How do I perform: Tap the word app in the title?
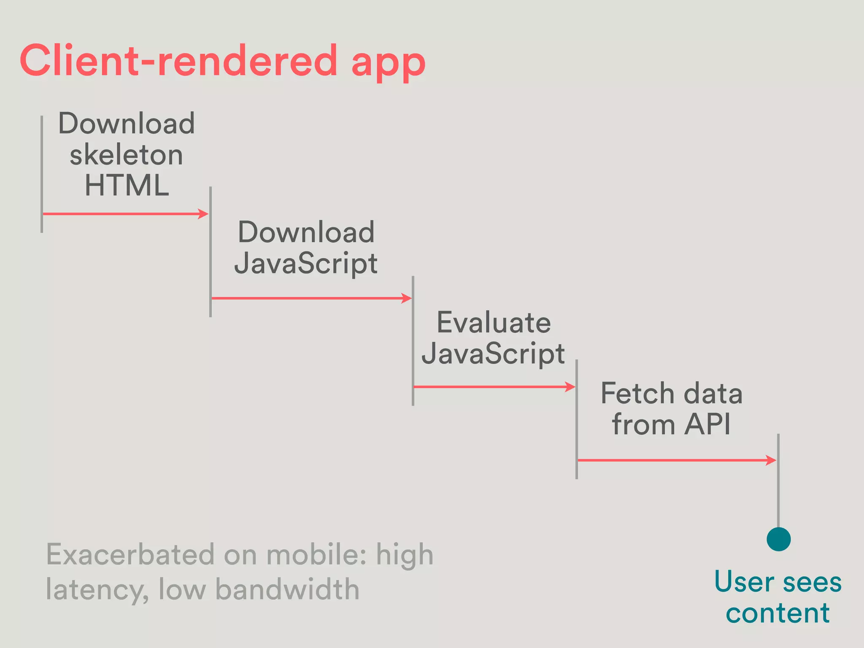pos(388,63)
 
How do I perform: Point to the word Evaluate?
pos(494,323)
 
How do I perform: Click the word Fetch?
pos(637,393)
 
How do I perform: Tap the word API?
pos(707,424)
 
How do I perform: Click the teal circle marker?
pos(778,539)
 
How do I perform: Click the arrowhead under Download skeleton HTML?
pos(204,214)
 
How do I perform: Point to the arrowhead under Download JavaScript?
pos(406,298)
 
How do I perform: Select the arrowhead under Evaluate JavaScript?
pos(570,387)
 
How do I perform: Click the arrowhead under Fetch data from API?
pos(771,460)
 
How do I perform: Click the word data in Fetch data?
pos(713,393)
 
